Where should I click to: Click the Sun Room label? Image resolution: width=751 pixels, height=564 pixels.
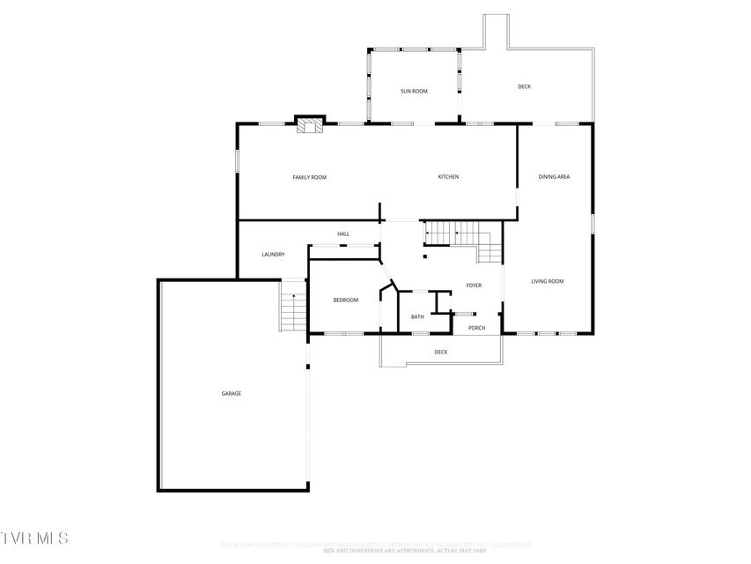coord(414,91)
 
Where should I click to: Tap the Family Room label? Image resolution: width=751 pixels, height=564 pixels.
coord(309,177)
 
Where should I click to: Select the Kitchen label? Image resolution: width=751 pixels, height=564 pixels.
coord(448,177)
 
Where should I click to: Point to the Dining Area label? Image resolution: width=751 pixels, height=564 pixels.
coord(554,177)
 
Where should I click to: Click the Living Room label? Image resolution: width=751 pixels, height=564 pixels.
coord(547,281)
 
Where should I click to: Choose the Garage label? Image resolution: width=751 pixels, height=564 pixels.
coord(231,393)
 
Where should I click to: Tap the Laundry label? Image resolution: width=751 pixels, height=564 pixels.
coord(273,255)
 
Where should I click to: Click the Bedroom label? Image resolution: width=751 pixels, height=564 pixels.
coord(345,301)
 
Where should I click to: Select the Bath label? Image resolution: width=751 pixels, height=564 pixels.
coord(417,316)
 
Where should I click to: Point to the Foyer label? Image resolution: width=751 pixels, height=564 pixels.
coord(474,286)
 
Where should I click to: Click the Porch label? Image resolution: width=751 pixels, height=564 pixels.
coord(476,328)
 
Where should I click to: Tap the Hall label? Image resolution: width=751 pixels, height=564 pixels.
coord(343,234)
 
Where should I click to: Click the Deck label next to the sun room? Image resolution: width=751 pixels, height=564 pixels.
coord(524,86)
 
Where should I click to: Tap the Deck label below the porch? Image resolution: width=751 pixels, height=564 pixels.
coord(441,352)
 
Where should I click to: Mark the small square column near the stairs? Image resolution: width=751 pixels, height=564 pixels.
coord(424,256)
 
